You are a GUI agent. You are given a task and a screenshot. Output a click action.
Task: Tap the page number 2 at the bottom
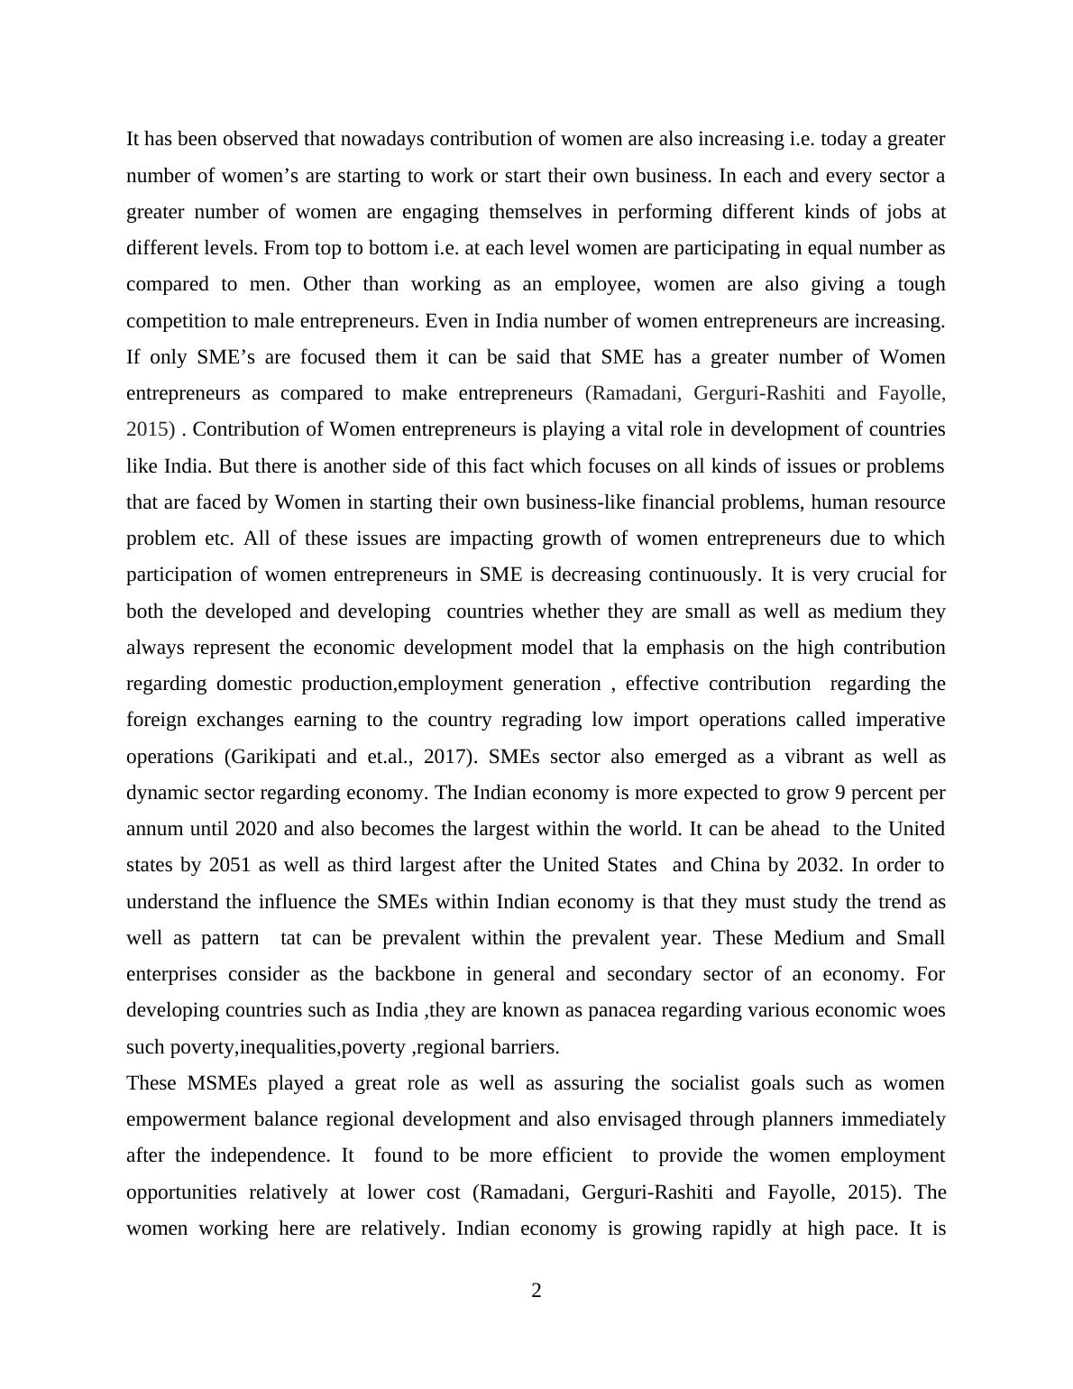point(536,1292)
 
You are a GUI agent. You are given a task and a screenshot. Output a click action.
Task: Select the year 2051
point(230,865)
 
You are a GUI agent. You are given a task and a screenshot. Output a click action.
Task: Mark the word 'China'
point(735,865)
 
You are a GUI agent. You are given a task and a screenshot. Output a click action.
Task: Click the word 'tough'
point(921,284)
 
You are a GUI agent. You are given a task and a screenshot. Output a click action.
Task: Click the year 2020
point(255,829)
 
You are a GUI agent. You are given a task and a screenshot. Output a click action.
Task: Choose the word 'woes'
point(924,1010)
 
